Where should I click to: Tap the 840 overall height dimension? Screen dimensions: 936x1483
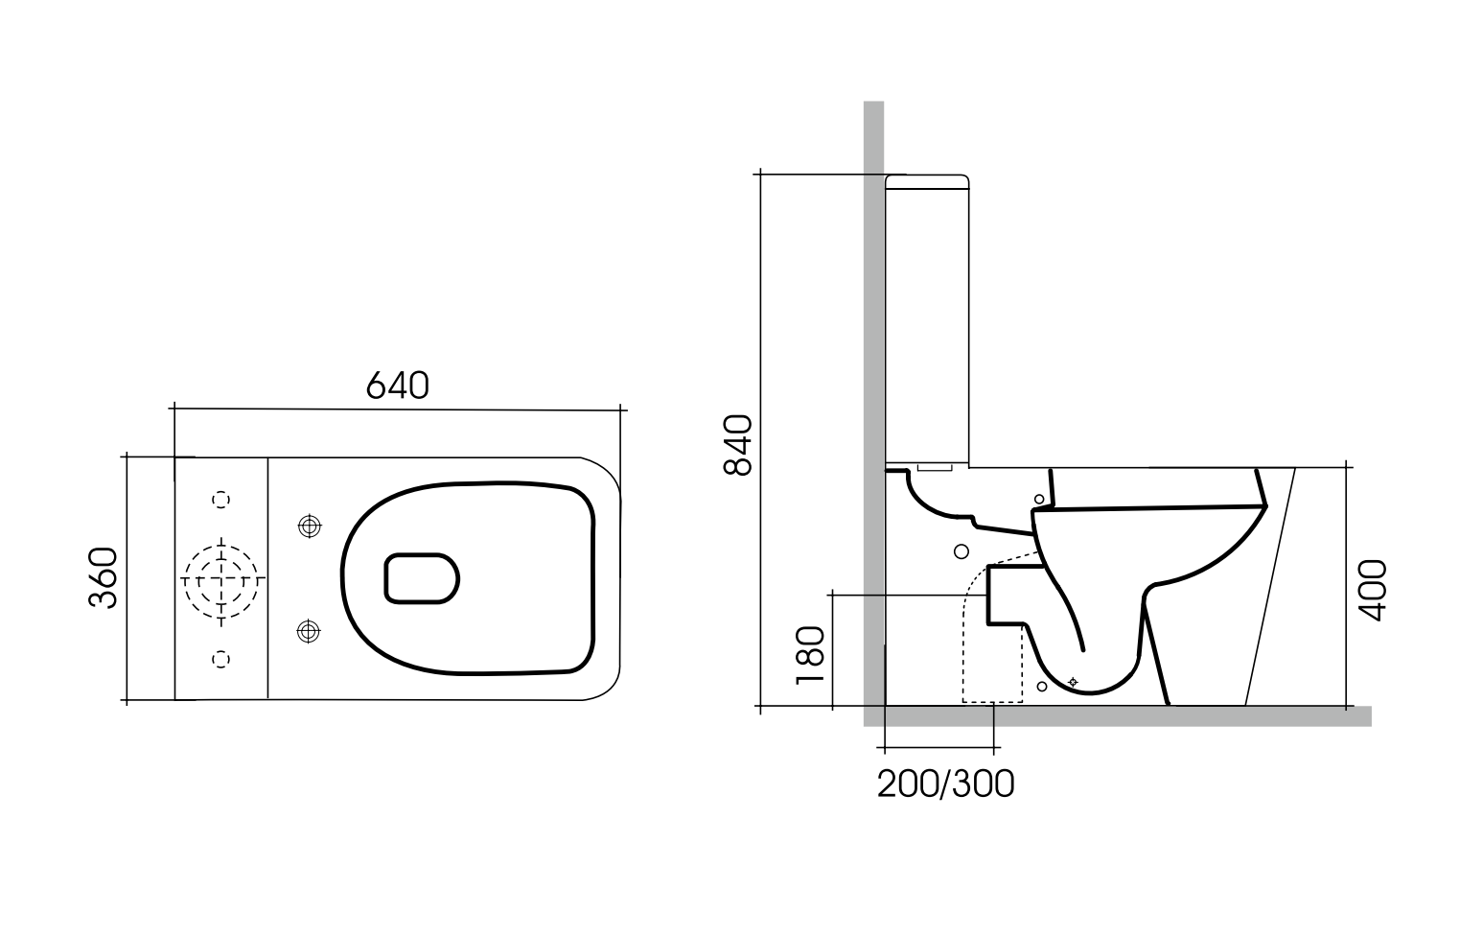[737, 445]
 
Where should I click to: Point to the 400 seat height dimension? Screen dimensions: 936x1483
[1373, 589]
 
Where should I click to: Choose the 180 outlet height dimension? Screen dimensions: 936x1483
[810, 653]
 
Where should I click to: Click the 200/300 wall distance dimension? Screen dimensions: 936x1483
[945, 784]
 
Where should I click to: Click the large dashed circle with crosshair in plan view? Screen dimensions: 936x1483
[221, 580]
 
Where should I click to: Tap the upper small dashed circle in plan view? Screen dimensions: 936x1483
[220, 499]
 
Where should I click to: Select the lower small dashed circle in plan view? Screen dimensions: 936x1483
[220, 658]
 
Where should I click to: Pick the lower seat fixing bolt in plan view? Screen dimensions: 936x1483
[308, 631]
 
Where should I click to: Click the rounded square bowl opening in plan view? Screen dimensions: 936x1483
[422, 578]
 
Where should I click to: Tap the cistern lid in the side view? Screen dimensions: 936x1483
[926, 180]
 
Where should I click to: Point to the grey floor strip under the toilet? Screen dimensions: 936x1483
[1122, 715]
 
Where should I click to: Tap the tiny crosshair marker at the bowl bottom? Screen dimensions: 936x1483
[1073, 682]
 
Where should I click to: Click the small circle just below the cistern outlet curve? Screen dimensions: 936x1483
[962, 550]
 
